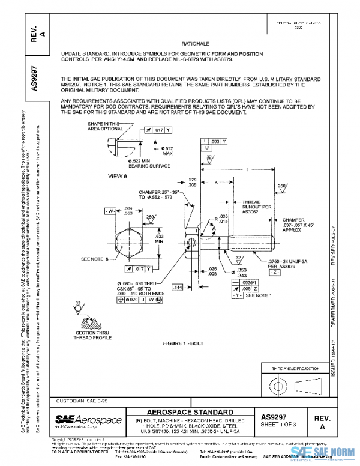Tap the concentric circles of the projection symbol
coord(280,384)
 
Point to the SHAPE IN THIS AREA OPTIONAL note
coord(101,126)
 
